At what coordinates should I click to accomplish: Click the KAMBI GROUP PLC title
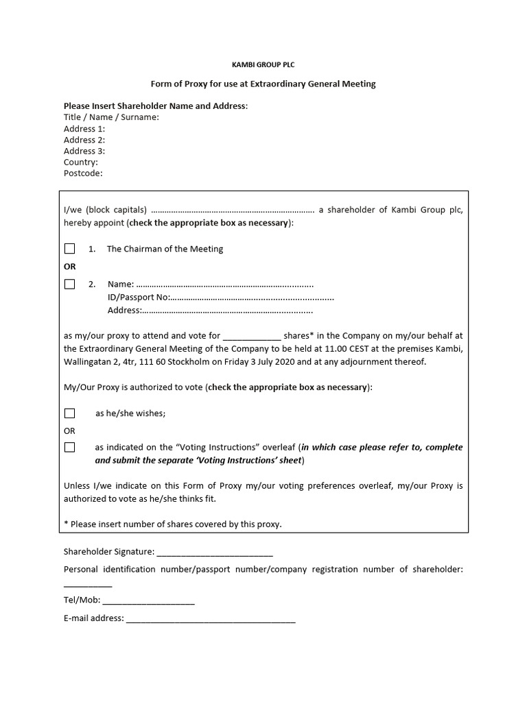[263, 64]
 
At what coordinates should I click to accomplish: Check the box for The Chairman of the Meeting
[69, 249]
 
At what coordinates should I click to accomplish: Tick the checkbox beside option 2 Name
[69, 284]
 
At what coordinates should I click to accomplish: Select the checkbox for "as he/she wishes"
[69, 413]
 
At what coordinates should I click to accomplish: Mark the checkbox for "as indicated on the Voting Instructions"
[69, 448]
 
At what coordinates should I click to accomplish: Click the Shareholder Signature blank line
[215, 552]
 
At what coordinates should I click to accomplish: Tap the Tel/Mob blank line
[148, 601]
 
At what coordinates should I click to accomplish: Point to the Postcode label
[83, 173]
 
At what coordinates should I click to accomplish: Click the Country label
[81, 162]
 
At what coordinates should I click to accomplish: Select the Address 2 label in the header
[84, 140]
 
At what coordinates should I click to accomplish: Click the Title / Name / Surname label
[111, 117]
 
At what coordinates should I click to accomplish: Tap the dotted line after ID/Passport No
[252, 298]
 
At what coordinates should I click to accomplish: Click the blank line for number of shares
[252, 337]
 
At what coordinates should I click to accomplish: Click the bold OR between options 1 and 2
[70, 266]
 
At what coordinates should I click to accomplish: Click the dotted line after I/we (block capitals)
[232, 210]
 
